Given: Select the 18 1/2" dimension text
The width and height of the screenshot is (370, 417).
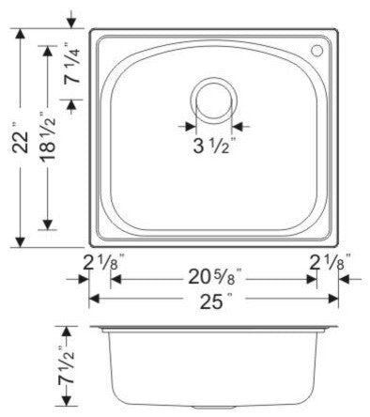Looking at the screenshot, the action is (48, 136).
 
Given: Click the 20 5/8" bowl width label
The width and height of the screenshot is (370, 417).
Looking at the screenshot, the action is (215, 277).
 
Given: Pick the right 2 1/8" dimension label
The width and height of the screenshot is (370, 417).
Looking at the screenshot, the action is (330, 262).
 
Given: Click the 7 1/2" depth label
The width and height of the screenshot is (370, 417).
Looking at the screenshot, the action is (66, 364).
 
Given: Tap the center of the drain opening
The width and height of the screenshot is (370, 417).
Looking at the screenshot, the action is (214, 100).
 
